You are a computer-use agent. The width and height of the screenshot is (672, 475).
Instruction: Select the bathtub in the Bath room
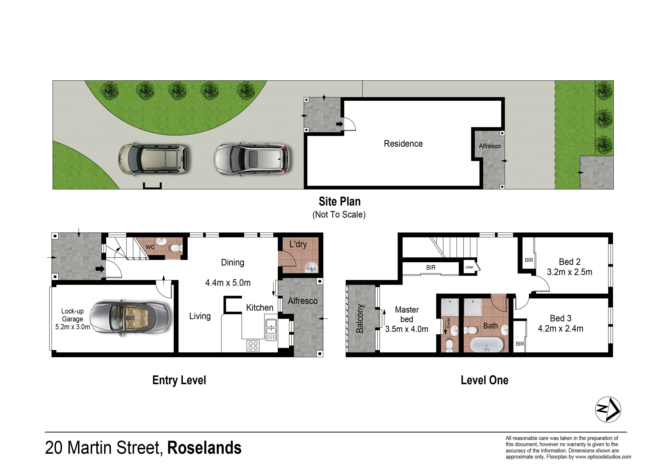coord(486,345)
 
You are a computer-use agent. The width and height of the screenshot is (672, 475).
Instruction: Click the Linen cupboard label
coord(469,267)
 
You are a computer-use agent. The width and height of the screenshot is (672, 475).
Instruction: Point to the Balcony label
coord(360,319)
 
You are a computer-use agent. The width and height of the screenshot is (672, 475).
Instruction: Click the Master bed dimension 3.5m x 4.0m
coord(406,329)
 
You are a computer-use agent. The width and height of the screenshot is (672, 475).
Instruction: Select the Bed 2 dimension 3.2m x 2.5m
coord(570,272)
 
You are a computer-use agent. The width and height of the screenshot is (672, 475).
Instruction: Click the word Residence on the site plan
coord(403,144)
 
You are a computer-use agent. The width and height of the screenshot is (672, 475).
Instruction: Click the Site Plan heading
coord(339,201)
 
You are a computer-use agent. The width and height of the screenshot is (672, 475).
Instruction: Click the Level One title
coord(484,380)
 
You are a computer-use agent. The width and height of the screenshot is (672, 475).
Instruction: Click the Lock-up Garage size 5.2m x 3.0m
coord(73,327)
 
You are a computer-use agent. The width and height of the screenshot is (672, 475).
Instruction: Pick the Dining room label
coord(232,263)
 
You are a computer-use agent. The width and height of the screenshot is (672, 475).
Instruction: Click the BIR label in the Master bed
coord(431,268)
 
